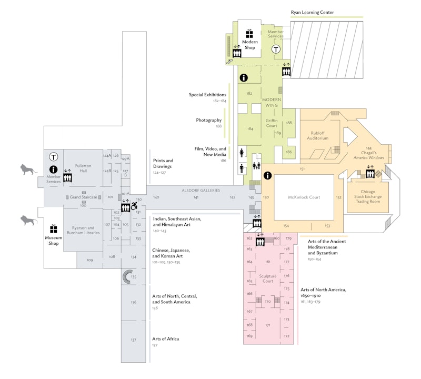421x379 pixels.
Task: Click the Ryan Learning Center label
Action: (x=313, y=12)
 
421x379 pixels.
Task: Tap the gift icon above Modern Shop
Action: (x=249, y=33)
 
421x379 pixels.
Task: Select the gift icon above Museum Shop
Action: (x=53, y=229)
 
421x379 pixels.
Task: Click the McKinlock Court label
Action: (x=304, y=197)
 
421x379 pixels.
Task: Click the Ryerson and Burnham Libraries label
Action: (x=83, y=230)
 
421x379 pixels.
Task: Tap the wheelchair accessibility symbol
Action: (x=134, y=207)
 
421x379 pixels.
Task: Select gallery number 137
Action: (x=133, y=340)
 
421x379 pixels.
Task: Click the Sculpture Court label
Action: (x=268, y=278)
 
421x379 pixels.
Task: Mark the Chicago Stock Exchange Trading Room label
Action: (x=368, y=197)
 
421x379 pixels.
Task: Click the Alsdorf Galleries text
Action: (x=201, y=190)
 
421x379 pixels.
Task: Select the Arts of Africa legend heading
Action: (x=166, y=338)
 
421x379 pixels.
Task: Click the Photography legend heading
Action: (x=209, y=120)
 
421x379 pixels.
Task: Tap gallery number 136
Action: (x=134, y=303)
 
